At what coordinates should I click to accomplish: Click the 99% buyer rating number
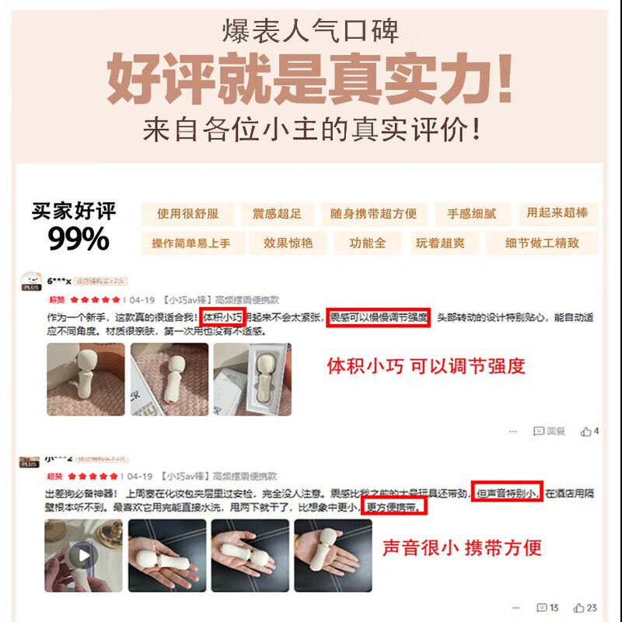tap(79, 239)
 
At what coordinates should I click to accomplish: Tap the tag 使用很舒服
tap(188, 214)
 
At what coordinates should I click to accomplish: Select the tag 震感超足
tap(276, 214)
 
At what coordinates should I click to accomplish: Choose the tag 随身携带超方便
tap(373, 214)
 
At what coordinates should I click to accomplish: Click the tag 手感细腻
tap(471, 214)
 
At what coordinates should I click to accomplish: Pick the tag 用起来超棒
tap(557, 213)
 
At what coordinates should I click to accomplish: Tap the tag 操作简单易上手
tap(191, 243)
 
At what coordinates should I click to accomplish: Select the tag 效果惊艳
tap(288, 243)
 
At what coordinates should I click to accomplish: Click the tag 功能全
tap(368, 243)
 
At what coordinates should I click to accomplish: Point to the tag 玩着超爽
tap(440, 243)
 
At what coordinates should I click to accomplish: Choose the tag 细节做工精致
tap(541, 243)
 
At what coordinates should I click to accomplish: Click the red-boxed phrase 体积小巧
tap(222, 317)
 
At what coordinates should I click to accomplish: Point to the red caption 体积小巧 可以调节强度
tap(426, 365)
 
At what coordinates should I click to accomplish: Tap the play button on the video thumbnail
tap(82, 555)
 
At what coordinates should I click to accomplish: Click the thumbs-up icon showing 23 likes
tap(579, 608)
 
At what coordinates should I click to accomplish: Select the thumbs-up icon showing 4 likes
tap(586, 431)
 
